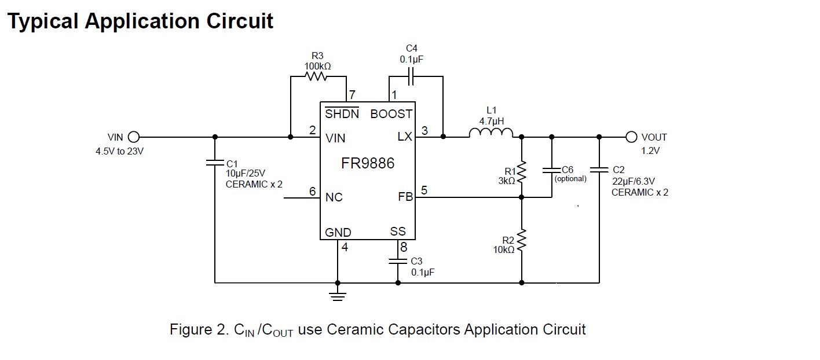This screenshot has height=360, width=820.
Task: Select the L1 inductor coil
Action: (x=490, y=134)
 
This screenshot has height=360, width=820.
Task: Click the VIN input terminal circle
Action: (x=134, y=137)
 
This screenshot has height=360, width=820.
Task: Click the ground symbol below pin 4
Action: (x=338, y=295)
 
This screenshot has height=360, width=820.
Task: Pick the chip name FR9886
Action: (x=368, y=163)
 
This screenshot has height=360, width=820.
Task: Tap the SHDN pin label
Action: (x=342, y=114)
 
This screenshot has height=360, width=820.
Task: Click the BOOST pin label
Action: (x=391, y=114)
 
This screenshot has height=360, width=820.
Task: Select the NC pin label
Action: (x=334, y=197)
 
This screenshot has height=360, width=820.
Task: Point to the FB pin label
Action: (x=405, y=197)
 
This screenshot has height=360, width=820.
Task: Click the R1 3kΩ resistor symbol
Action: (x=522, y=171)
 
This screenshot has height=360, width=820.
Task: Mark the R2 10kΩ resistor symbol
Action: (x=522, y=240)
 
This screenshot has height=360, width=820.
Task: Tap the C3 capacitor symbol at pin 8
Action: (x=398, y=261)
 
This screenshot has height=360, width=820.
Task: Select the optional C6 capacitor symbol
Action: (x=551, y=170)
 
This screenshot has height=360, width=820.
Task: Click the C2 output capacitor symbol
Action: (x=599, y=170)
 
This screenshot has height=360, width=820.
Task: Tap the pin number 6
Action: (x=312, y=192)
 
